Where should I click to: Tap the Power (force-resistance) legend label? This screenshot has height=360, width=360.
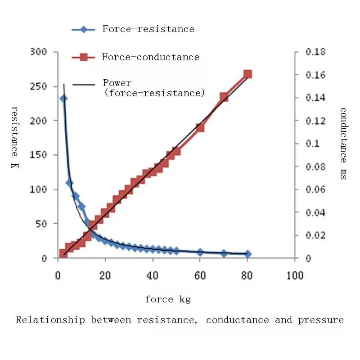tap(153, 88)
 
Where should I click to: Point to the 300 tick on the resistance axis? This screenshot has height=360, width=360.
tap(39, 52)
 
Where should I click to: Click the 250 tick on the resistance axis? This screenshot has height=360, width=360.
tap(39, 86)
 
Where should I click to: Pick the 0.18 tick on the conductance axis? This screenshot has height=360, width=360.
tap(315, 52)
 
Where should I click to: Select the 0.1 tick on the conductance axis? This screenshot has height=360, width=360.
tap(312, 144)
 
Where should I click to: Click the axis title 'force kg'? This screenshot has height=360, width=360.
tap(168, 300)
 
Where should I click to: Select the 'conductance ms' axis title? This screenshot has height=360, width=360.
tap(343, 144)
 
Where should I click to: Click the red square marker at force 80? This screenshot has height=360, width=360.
tap(247, 74)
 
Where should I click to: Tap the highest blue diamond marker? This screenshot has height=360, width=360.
tap(64, 99)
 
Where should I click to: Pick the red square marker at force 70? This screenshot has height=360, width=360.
tap(224, 97)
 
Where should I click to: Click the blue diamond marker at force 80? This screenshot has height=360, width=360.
tap(247, 254)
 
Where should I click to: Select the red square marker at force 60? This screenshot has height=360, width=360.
tap(200, 128)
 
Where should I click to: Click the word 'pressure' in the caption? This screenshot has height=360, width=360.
tap(321, 320)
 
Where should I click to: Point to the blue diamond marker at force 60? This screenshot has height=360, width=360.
tap(200, 252)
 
